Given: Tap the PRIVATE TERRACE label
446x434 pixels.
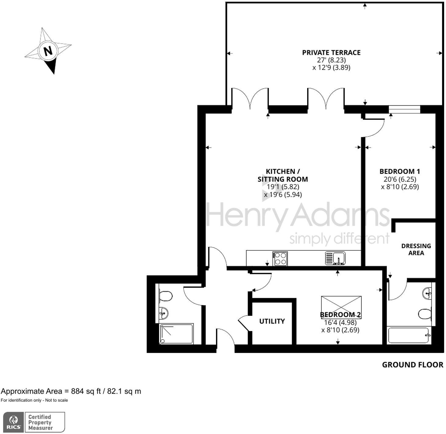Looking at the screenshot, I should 331,53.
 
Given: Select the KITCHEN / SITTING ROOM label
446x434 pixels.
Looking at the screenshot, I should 282,175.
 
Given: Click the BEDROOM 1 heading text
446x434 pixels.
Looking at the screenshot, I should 400,171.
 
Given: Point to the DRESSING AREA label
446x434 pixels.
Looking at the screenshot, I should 416,249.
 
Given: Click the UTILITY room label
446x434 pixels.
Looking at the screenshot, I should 272,321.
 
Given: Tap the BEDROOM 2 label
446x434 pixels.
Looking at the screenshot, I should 340,315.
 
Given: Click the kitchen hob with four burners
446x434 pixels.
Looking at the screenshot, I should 280,258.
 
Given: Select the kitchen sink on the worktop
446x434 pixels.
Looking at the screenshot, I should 335,258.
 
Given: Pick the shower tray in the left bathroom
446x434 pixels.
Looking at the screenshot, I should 176,334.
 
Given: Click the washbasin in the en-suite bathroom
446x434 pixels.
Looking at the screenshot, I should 427,293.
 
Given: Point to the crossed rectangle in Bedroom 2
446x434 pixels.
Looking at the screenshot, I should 341,304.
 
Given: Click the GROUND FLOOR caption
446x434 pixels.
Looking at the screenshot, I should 412,365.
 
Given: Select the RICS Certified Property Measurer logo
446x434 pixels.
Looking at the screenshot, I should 34,422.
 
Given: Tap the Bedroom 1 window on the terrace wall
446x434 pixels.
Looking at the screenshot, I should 404,109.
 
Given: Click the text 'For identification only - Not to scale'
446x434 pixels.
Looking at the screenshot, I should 34,400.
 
